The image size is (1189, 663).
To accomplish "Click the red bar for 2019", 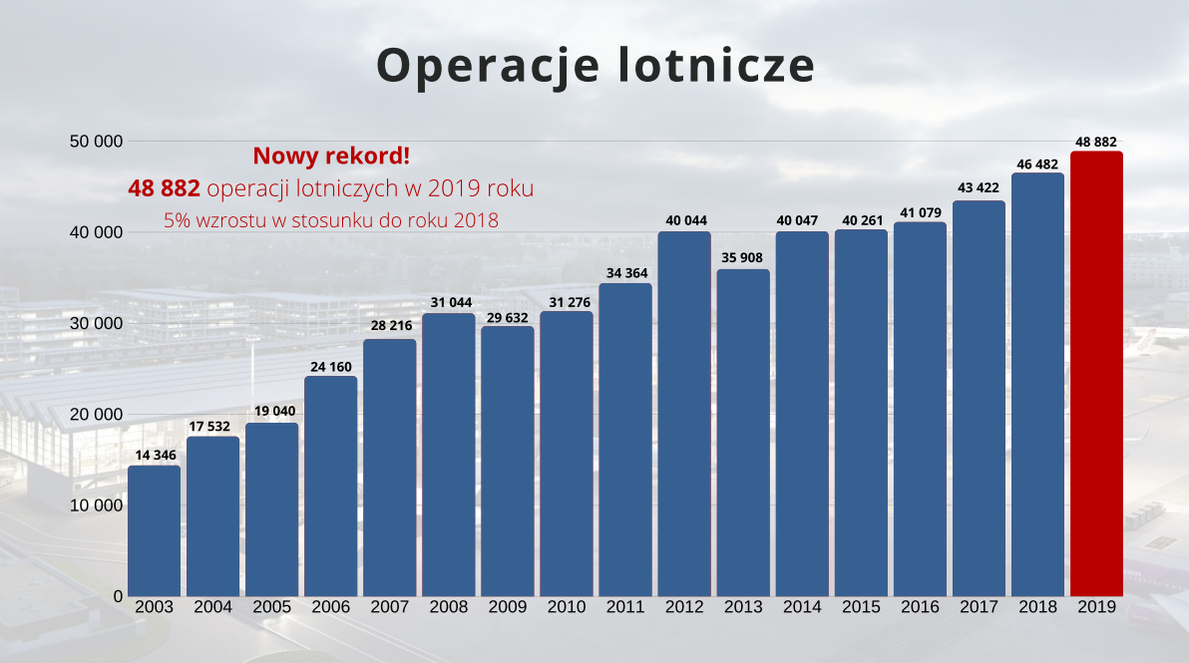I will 1096,374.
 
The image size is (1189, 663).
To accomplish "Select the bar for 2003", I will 155,530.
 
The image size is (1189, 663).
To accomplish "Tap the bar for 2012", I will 684,414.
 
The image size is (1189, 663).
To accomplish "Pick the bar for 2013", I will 743,433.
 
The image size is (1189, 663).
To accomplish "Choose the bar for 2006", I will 331,486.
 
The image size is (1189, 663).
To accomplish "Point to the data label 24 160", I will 331,366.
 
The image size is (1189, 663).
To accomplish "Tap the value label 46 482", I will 1037,164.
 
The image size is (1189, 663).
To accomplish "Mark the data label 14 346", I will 155,456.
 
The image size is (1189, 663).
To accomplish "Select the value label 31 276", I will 567,302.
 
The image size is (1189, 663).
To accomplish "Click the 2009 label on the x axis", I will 508,606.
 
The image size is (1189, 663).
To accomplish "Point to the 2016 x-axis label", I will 920,606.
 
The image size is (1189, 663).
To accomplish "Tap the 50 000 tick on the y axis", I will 96,142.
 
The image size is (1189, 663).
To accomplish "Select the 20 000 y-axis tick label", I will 96,415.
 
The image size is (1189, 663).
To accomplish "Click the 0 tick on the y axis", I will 118,596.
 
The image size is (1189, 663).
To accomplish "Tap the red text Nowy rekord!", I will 331,156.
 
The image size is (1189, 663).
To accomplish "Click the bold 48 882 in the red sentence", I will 164,188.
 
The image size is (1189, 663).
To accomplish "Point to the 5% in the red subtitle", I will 177,219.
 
